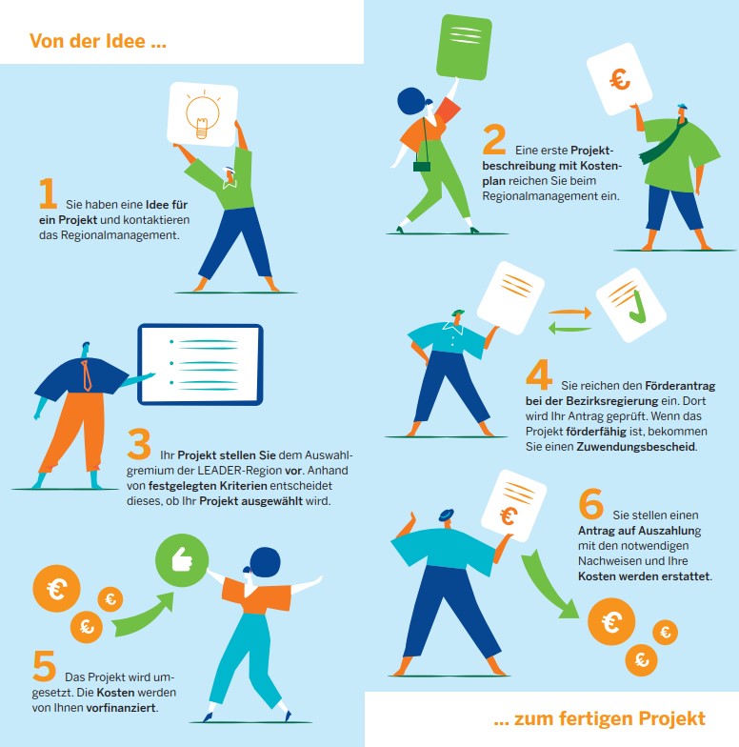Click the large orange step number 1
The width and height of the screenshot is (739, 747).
point(48,193)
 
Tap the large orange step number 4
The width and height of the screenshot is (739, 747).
point(539,374)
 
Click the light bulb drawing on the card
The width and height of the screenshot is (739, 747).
point(202,114)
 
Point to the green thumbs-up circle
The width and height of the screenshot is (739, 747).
point(182,560)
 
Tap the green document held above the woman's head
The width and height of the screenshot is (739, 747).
point(464,47)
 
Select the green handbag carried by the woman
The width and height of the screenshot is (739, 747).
point(421,166)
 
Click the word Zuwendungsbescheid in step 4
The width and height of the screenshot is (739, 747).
point(636,447)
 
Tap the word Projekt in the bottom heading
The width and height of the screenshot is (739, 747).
point(672,718)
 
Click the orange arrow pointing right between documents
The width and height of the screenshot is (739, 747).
point(569,313)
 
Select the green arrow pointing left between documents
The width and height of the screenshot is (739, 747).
point(569,328)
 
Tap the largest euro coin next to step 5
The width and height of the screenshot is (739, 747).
point(56,589)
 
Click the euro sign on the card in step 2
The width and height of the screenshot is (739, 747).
point(620,79)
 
